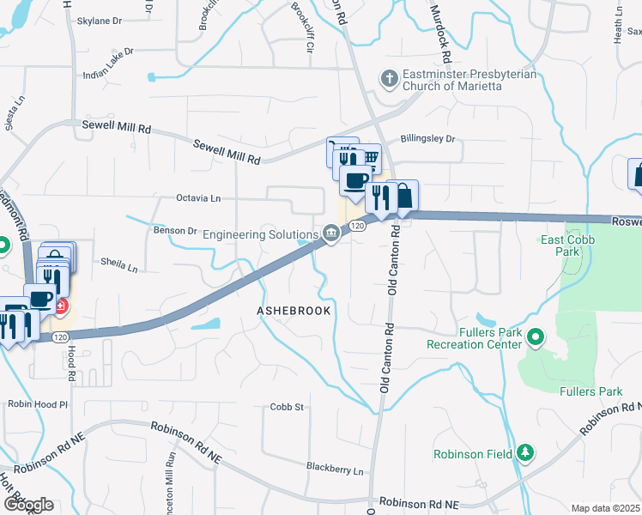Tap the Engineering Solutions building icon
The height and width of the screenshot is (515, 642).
pos(330,233)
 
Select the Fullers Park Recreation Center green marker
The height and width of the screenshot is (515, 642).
pos(536,336)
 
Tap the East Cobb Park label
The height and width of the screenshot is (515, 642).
pos(568,245)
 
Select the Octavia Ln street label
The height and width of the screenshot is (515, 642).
pos(198,198)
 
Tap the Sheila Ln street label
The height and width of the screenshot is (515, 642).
pos(119,264)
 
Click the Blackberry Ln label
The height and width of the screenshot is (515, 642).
pos(335,470)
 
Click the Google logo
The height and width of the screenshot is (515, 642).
pos(28,504)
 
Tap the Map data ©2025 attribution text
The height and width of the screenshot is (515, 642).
pos(605,508)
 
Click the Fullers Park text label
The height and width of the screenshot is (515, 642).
pos(591,392)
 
